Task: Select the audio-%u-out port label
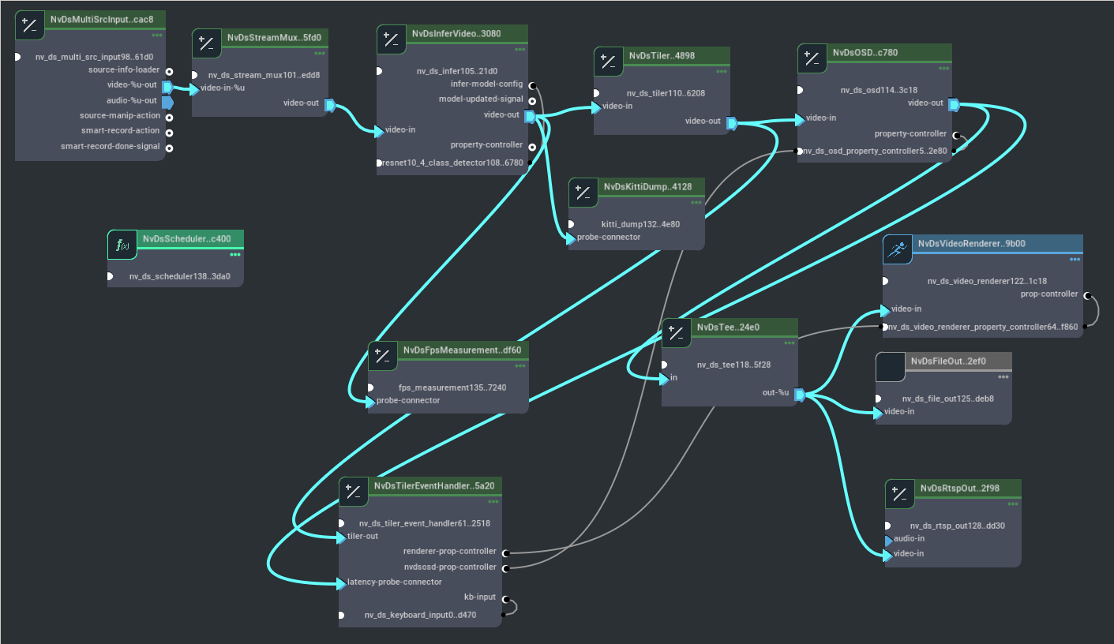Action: click(x=132, y=101)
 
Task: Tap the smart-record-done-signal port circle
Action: click(x=169, y=147)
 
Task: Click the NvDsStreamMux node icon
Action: click(x=206, y=44)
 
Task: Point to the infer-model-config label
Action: click(x=486, y=84)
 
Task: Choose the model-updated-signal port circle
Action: click(x=532, y=100)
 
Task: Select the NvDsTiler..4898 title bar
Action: click(x=662, y=55)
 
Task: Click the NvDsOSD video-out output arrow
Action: click(x=953, y=104)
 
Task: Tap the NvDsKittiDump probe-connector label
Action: click(x=609, y=237)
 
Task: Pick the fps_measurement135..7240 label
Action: click(x=452, y=388)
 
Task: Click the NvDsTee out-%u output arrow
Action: click(x=799, y=394)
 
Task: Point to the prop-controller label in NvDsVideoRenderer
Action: click(x=1049, y=294)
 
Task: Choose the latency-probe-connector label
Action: click(x=394, y=582)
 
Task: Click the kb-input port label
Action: click(x=480, y=597)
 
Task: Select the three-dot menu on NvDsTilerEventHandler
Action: click(x=493, y=501)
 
